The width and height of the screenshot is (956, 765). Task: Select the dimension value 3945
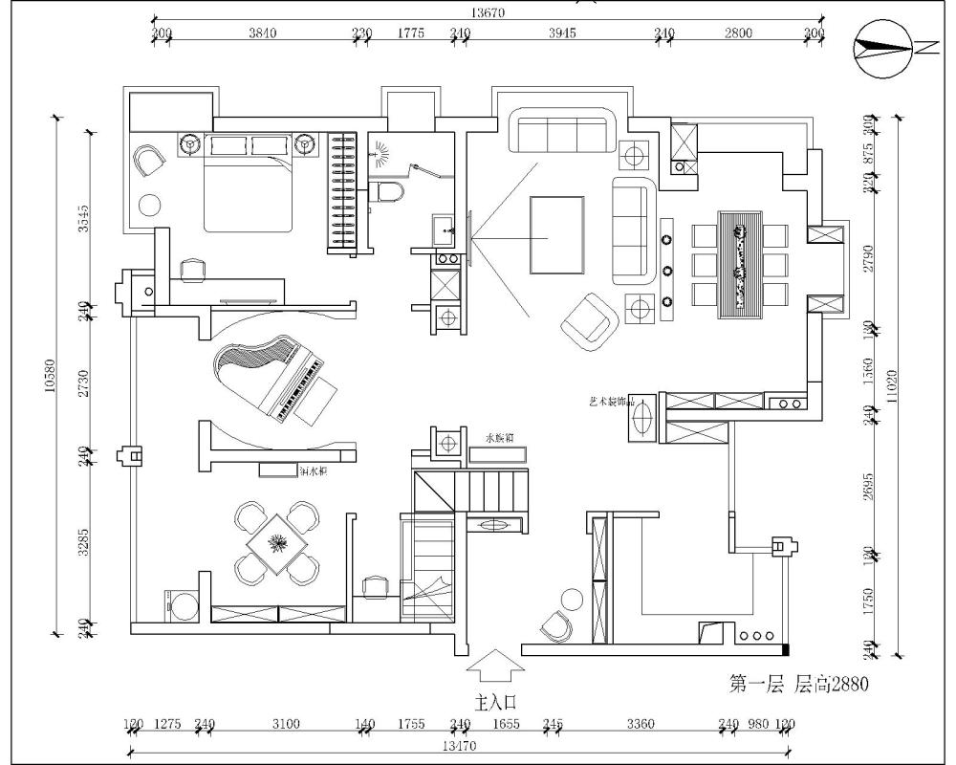click(561, 33)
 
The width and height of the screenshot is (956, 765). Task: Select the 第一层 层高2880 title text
click(798, 684)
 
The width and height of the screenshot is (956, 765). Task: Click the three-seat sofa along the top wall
click(563, 131)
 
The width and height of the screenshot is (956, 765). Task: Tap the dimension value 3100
click(285, 725)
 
